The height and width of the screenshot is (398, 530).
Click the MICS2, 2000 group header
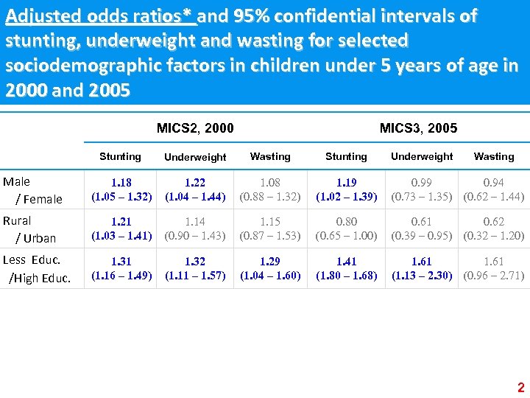tap(195, 128)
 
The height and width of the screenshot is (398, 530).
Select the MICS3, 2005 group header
tap(418, 128)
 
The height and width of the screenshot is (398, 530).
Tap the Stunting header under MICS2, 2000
tap(120, 156)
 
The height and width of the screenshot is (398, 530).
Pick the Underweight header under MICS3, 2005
tap(422, 156)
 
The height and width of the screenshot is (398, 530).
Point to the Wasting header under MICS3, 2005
tap(494, 156)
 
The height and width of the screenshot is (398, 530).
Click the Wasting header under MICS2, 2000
tap(270, 156)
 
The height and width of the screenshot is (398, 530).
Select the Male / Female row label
tap(33, 190)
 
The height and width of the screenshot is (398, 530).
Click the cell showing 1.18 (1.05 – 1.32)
tap(121, 190)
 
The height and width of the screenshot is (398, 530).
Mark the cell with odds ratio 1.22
tap(195, 190)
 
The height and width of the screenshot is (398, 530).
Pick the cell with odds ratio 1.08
tap(270, 190)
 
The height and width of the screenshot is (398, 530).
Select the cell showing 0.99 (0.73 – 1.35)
tap(422, 190)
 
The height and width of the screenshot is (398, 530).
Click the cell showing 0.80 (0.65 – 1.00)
tap(346, 229)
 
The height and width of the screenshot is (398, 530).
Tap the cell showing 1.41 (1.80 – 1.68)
tap(346, 268)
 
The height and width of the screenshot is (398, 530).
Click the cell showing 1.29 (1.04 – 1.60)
tap(270, 268)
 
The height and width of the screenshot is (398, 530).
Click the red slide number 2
tap(520, 388)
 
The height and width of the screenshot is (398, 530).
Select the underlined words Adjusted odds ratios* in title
tap(100, 16)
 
